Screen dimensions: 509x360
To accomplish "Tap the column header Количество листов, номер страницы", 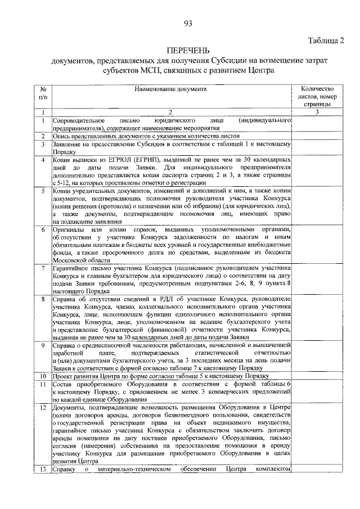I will [x=318, y=96].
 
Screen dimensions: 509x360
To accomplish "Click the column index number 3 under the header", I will [x=317, y=112].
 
